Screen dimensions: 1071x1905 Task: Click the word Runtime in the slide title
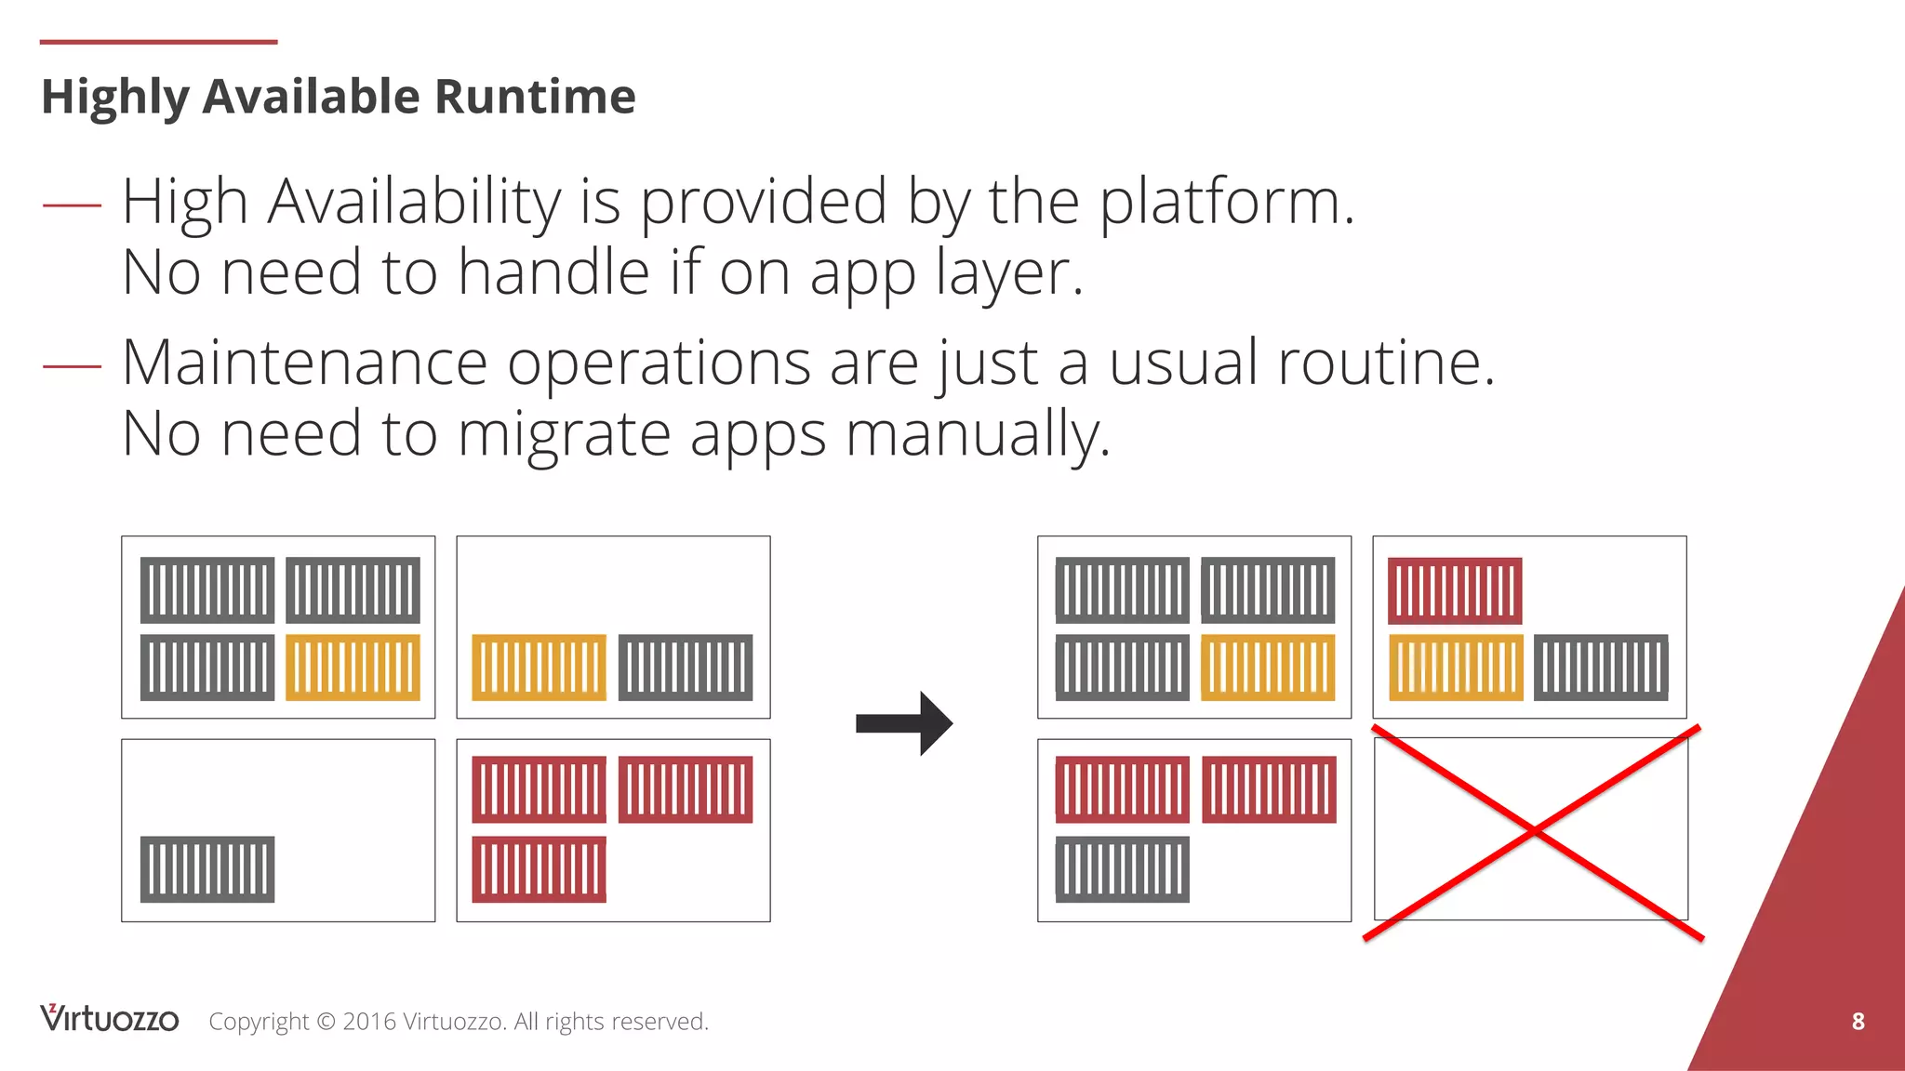(535, 97)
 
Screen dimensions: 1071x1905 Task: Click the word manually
(977, 434)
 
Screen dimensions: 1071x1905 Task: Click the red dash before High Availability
(72, 204)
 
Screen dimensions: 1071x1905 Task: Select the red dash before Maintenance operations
(72, 365)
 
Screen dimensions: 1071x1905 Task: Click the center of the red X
(1533, 832)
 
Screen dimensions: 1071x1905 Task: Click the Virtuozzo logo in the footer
(109, 1019)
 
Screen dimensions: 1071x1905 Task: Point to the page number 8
(1858, 1021)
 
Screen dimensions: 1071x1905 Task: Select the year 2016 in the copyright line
(368, 1022)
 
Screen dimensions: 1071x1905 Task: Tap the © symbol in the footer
(326, 1022)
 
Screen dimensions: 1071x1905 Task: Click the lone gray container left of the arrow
(207, 869)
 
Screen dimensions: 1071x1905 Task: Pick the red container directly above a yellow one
(1455, 590)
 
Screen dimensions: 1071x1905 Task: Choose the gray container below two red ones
(1122, 869)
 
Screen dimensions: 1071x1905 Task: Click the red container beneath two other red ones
(539, 869)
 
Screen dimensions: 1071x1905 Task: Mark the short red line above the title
(158, 42)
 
